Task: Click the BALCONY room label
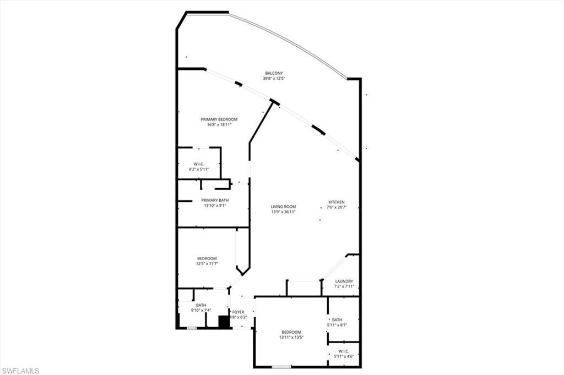274,73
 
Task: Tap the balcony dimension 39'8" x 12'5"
274,79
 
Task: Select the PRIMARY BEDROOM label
219,119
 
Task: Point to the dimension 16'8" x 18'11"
219,125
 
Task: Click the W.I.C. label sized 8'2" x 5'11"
199,164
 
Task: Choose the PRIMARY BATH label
215,200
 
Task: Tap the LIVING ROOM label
283,207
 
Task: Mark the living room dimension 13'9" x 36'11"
283,212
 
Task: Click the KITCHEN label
337,202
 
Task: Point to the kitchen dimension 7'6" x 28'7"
337,207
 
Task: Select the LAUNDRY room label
344,282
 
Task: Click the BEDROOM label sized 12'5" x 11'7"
207,258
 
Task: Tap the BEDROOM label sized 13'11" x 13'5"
291,332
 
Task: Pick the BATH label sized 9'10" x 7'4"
200,305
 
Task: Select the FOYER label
238,312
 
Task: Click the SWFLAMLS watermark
20,371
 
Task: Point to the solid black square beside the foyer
224,322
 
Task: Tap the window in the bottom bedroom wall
281,367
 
